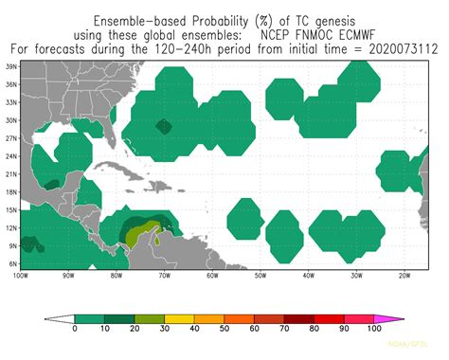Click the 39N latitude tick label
pos(11,67)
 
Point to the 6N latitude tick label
pos(11,262)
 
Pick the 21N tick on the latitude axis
pos(11,174)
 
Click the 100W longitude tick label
pos(20,276)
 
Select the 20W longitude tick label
pos(404,276)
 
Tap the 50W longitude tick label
pos(260,276)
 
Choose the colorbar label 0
pos(75,328)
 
